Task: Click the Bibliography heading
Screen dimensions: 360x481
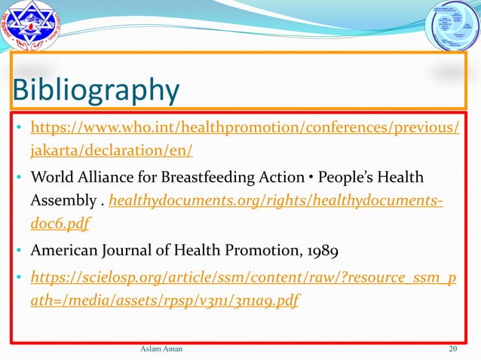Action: click(x=94, y=90)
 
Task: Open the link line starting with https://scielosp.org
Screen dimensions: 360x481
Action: click(x=242, y=273)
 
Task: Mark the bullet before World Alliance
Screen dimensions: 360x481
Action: click(x=20, y=178)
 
